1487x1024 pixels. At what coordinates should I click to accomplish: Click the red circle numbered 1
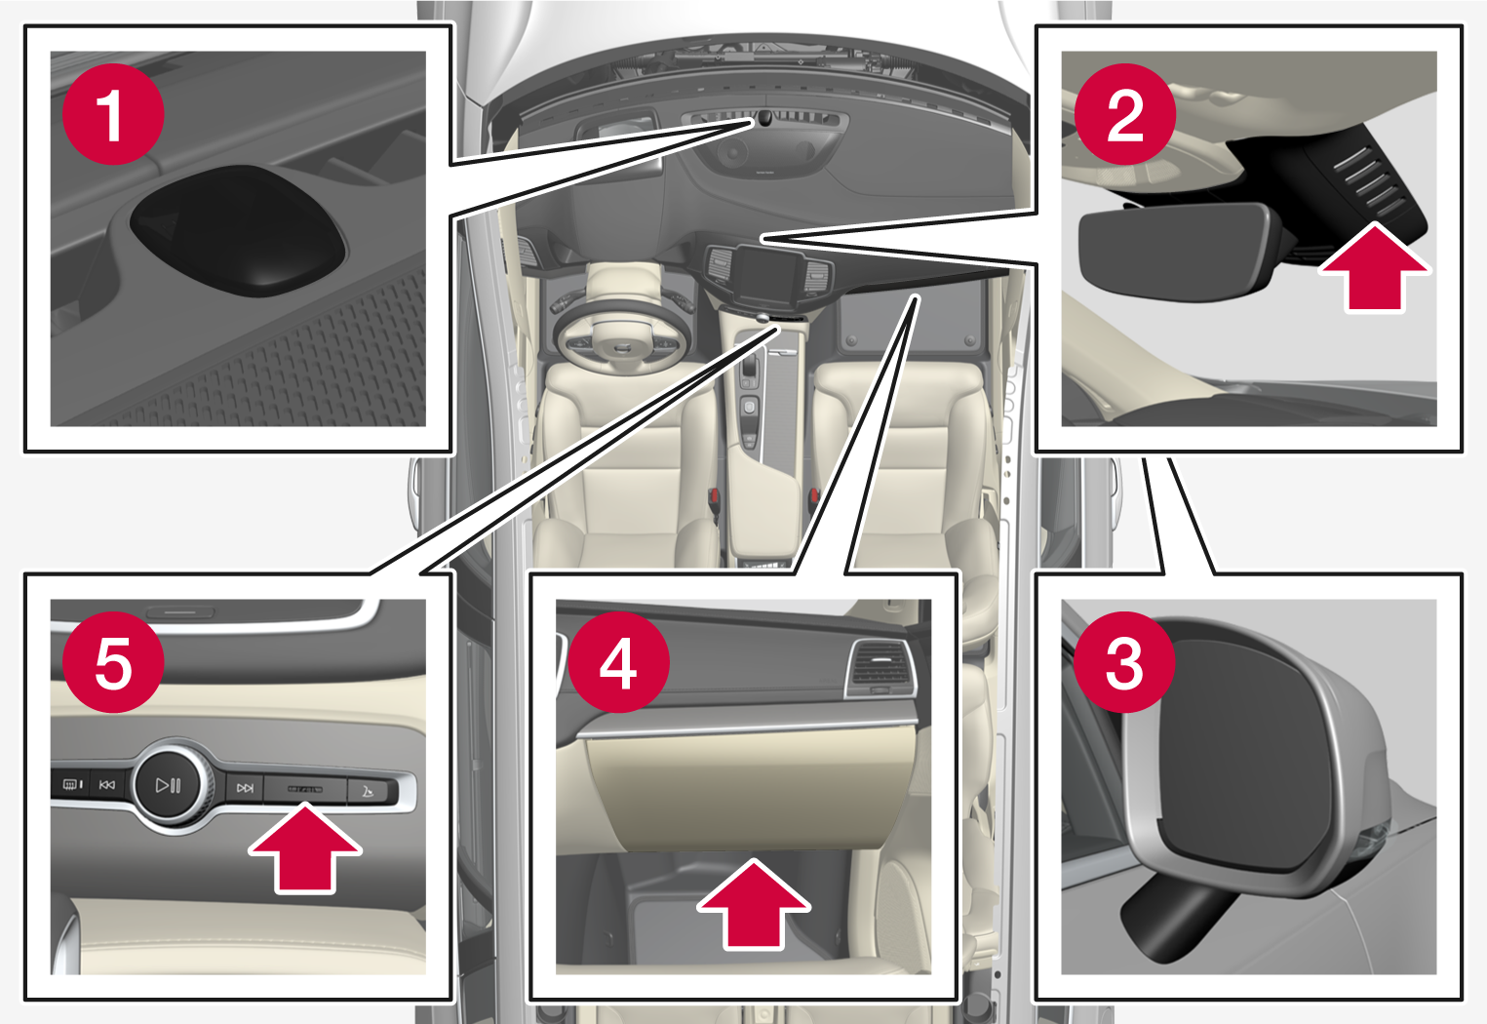point(112,115)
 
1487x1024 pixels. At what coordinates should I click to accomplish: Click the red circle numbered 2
point(1124,115)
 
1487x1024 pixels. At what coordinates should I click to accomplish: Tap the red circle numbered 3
point(1124,663)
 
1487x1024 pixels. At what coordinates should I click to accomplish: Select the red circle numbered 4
point(618,663)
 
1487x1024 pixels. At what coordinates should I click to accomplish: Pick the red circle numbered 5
point(112,663)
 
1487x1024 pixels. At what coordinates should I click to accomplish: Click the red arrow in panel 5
point(305,848)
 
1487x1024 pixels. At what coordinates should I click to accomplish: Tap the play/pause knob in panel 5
point(170,785)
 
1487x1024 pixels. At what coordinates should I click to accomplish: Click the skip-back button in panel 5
point(107,784)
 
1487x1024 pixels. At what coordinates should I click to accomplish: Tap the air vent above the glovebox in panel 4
point(880,668)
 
